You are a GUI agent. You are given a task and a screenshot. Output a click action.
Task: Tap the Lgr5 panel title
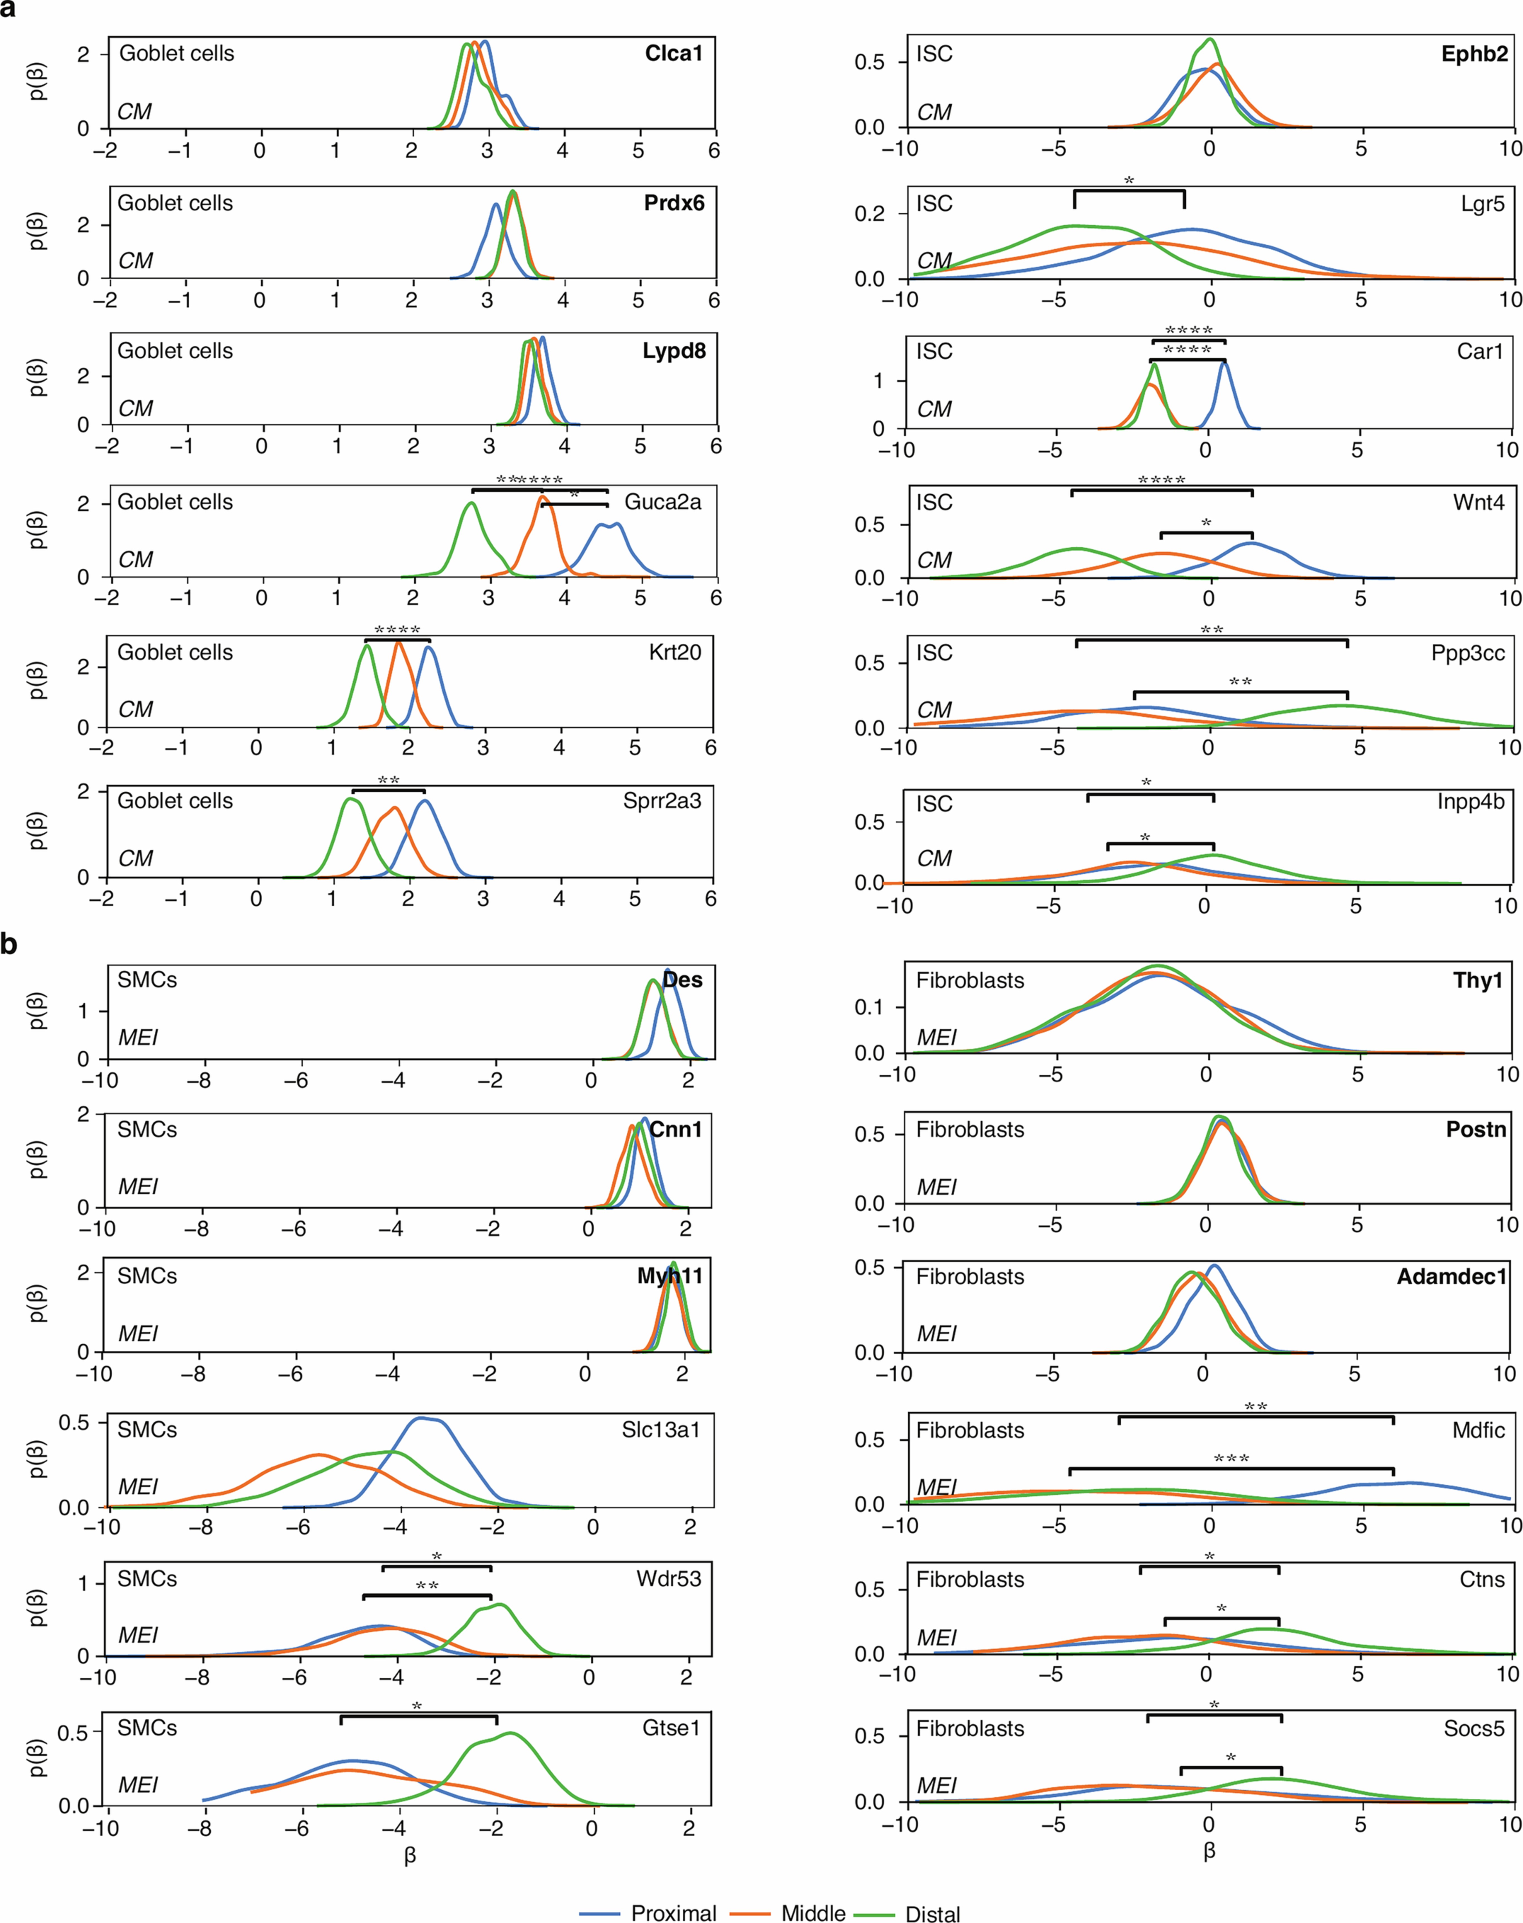[1482, 204]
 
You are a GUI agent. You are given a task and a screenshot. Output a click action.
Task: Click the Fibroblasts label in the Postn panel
[970, 1130]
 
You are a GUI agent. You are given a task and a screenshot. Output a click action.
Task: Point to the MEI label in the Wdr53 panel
[138, 1635]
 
